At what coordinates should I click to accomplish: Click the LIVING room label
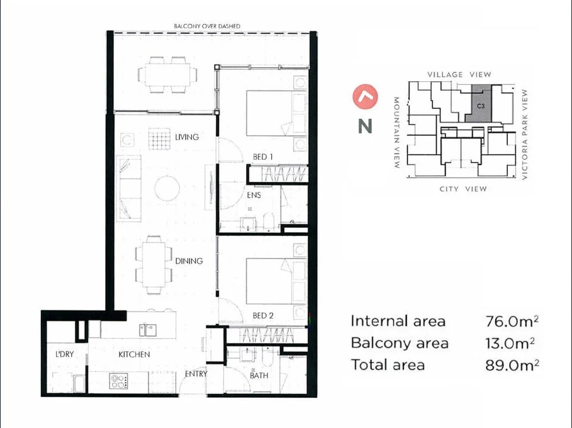(187, 137)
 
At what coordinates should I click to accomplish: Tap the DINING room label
(189, 261)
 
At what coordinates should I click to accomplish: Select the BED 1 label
(262, 157)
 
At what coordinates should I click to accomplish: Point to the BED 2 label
(263, 315)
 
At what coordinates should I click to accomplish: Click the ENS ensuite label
(254, 196)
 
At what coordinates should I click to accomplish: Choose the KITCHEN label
(134, 354)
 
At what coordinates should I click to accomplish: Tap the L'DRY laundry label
(64, 354)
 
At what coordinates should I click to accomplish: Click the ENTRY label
(196, 374)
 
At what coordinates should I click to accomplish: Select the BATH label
(259, 376)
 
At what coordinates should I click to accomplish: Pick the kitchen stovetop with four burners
(119, 380)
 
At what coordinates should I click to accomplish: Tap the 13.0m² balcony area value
(510, 343)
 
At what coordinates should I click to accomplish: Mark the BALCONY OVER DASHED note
(207, 26)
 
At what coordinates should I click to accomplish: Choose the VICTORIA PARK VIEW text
(524, 134)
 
